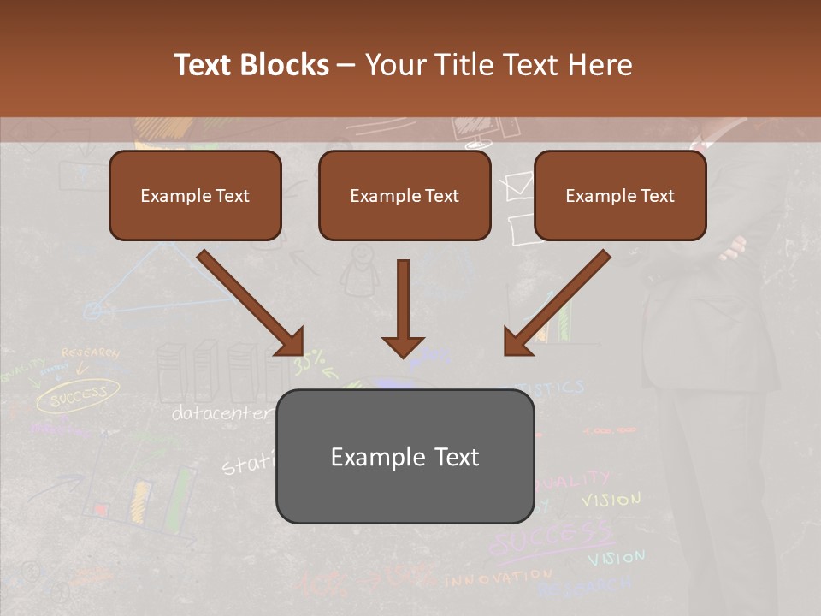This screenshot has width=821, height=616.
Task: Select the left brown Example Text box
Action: (195, 195)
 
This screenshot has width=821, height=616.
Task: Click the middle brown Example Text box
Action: (405, 195)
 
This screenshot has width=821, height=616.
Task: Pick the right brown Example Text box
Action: (620, 195)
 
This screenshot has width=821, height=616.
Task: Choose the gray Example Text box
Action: (405, 456)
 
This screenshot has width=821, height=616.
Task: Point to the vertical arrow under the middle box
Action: (403, 308)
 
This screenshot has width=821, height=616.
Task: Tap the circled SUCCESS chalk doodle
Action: (77, 395)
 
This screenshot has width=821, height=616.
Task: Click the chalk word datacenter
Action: (221, 413)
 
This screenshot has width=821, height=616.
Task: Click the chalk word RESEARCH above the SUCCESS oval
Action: (90, 352)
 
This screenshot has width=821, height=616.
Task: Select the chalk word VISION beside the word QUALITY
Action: (611, 499)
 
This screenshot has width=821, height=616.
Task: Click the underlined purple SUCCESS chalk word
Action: (552, 539)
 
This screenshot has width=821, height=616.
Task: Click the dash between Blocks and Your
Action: (346, 65)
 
